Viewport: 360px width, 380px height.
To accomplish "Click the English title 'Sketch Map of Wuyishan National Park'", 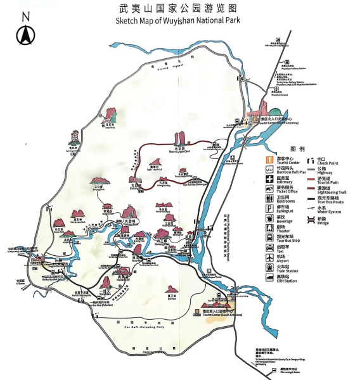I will [x=179, y=21].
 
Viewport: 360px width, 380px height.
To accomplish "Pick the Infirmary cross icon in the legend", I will [x=269, y=179].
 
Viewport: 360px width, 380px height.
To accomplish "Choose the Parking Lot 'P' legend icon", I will [x=269, y=208].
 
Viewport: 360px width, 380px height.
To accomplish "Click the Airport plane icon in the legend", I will [x=269, y=257].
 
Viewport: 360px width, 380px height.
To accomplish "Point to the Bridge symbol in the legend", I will [x=312, y=219].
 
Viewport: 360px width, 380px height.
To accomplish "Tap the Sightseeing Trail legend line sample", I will [x=312, y=188].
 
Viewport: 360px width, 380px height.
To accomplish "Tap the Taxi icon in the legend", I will [x=269, y=248].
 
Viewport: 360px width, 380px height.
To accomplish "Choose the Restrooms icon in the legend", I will [x=269, y=198].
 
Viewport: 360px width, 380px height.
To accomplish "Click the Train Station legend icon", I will [x=269, y=267].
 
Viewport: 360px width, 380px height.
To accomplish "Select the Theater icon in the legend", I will [x=269, y=227].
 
